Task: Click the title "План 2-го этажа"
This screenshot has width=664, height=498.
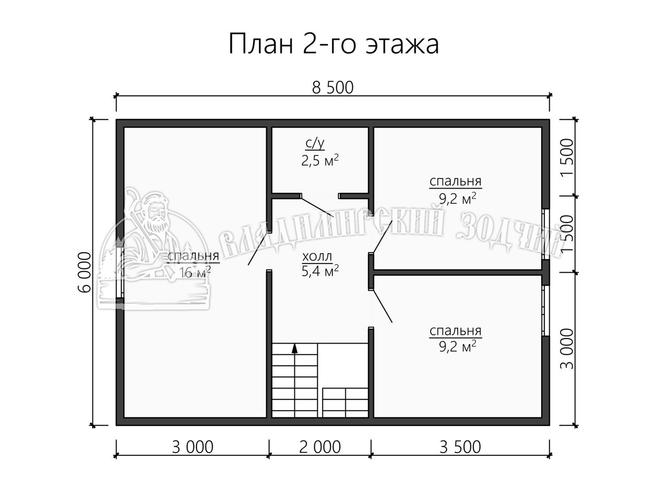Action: [333, 44]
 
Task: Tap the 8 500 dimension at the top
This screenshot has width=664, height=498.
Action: [333, 87]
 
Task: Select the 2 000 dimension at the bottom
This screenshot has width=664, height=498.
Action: [320, 447]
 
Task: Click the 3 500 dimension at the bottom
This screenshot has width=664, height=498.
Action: [460, 447]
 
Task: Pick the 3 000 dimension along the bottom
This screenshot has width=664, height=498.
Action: [193, 447]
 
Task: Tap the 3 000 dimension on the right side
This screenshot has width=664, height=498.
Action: [567, 349]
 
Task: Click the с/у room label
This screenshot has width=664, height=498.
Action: [315, 144]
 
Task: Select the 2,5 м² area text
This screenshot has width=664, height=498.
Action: [320, 160]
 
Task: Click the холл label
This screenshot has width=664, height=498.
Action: [317, 257]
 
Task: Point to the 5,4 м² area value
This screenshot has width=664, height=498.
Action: [320, 271]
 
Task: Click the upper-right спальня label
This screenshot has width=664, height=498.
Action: [455, 181]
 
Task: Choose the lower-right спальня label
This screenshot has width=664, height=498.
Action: [455, 331]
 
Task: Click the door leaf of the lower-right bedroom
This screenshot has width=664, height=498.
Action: [382, 306]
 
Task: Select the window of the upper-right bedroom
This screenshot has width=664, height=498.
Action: [545, 234]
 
